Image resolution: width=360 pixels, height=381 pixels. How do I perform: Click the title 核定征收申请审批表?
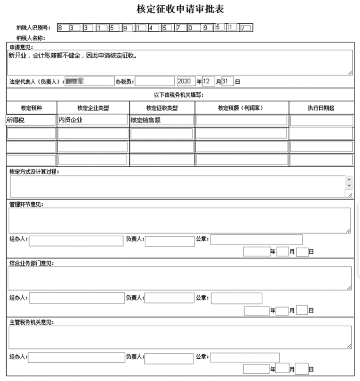click(180, 9)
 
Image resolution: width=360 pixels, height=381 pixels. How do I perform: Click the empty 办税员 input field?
click(155, 81)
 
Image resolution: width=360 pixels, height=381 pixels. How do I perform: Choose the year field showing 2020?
click(186, 81)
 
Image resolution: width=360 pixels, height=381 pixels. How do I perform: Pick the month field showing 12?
click(208, 81)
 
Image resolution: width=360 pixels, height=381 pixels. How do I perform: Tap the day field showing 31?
click(228, 81)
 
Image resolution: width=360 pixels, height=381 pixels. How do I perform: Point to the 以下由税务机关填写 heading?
click(180, 95)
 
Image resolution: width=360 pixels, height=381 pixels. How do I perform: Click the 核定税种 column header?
click(31, 108)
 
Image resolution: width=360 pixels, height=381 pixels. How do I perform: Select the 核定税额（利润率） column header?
click(241, 108)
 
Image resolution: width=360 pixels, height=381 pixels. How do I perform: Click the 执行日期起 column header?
click(321, 108)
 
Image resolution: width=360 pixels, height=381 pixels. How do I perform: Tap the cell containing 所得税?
click(31, 120)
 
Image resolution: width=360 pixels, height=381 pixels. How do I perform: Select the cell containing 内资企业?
click(93, 120)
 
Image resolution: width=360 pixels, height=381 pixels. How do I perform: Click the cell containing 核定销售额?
click(162, 120)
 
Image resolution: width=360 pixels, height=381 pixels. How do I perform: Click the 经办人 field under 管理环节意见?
click(76, 240)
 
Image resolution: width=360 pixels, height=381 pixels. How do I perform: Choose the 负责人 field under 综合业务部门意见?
click(169, 298)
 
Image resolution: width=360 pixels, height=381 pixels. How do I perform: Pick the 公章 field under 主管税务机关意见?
click(245, 357)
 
